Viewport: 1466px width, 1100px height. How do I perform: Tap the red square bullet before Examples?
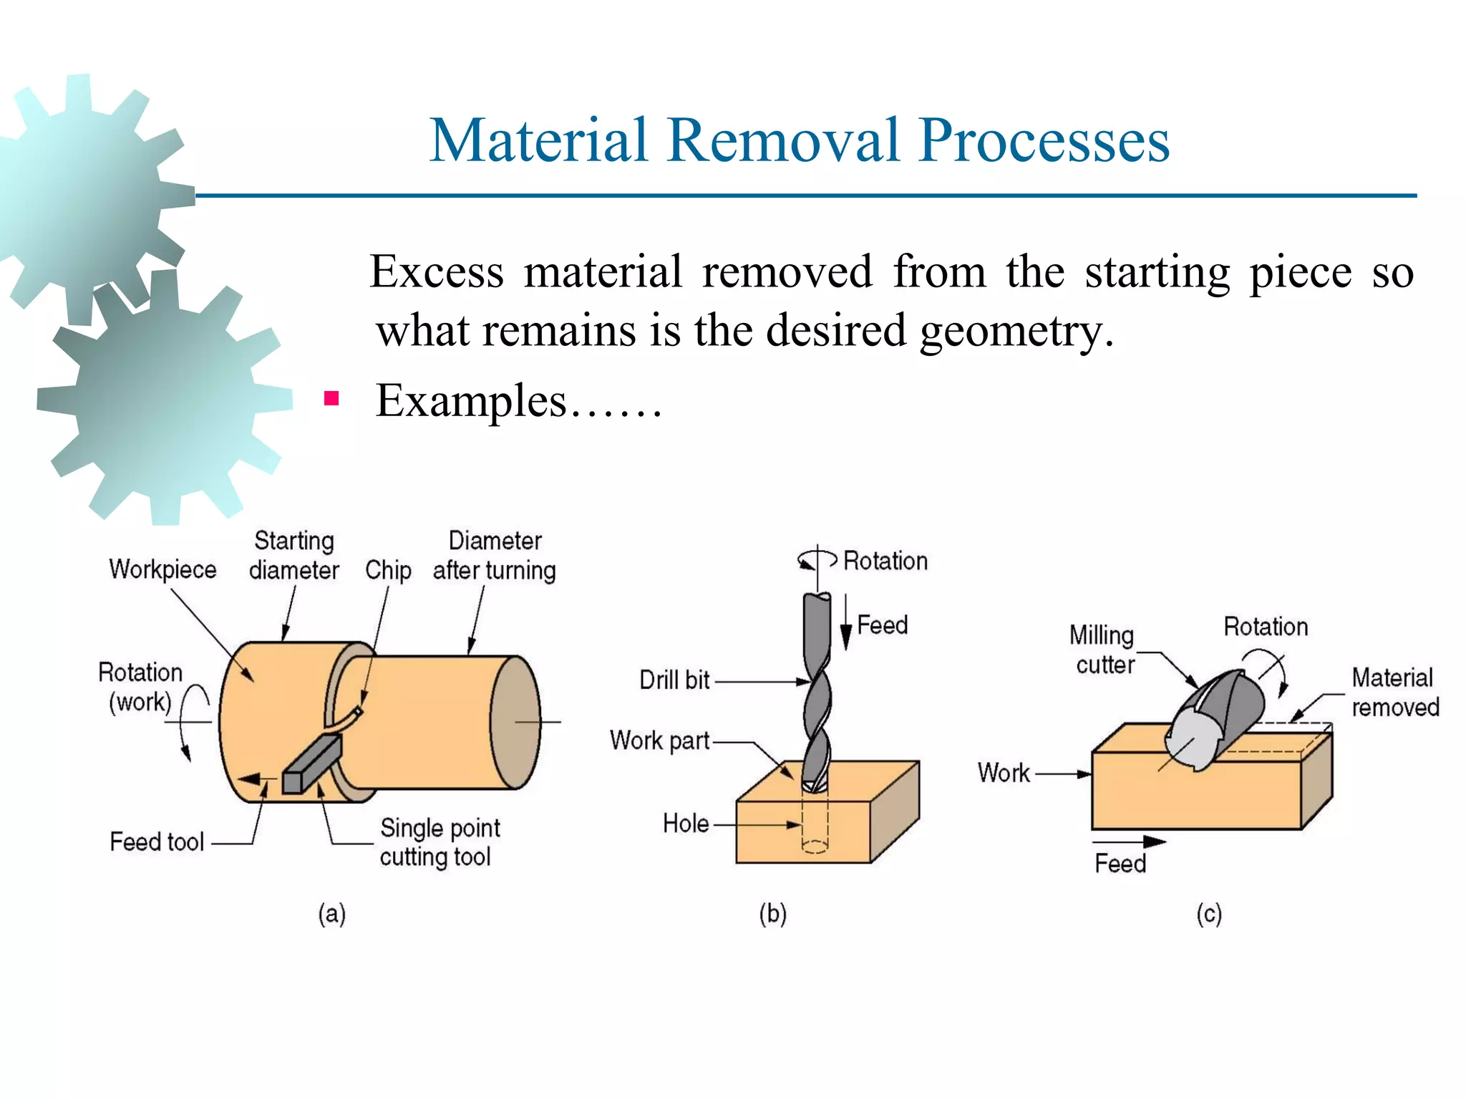pyautogui.click(x=331, y=398)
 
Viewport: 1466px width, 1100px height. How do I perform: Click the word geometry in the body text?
pyautogui.click(x=1016, y=331)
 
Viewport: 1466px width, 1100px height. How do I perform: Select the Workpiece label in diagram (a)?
pyautogui.click(x=162, y=569)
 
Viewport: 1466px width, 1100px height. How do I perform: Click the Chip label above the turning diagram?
pyautogui.click(x=388, y=570)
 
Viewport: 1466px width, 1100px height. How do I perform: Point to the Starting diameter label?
pyautogui.click(x=293, y=555)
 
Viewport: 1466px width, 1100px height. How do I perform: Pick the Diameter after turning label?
pyautogui.click(x=494, y=555)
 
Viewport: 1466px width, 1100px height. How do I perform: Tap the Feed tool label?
pyautogui.click(x=157, y=841)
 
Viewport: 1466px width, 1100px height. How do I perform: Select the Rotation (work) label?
pyautogui.click(x=140, y=687)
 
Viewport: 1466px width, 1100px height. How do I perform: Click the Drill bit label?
pyautogui.click(x=674, y=680)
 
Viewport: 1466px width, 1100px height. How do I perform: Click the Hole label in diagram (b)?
pyautogui.click(x=686, y=824)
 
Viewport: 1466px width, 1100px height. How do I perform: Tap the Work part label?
pyautogui.click(x=659, y=740)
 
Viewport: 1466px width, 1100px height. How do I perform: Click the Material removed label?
pyautogui.click(x=1394, y=692)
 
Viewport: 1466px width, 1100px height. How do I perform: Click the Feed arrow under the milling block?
pyautogui.click(x=1129, y=842)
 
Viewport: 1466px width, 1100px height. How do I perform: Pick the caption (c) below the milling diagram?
pyautogui.click(x=1209, y=915)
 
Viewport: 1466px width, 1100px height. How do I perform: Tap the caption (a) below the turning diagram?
pyautogui.click(x=332, y=915)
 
